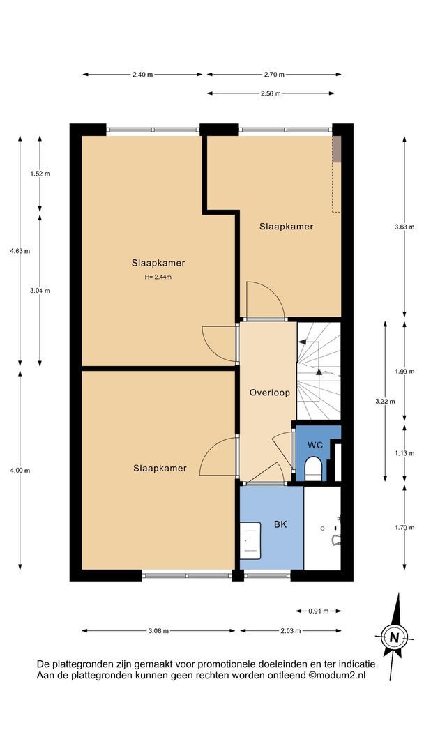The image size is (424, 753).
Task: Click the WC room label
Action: pos(315,445)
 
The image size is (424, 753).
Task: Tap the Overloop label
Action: pos(269,393)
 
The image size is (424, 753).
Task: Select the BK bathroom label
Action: pos(280,524)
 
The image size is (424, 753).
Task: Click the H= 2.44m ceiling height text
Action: pos(158,277)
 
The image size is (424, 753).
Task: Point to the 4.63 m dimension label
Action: pos(20,251)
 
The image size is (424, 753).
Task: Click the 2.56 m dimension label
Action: pos(271,93)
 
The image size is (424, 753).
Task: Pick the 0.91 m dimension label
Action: pos(319,611)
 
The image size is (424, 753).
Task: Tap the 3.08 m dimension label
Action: pos(158,631)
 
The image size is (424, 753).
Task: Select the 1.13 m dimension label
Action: pos(404,453)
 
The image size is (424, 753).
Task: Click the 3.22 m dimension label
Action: pos(385,402)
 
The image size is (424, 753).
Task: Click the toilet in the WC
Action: pos(314,469)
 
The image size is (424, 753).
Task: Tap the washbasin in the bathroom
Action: pos(250,541)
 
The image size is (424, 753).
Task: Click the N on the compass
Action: pos(395,638)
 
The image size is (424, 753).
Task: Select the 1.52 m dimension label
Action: pos(40,174)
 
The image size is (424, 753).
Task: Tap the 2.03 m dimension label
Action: pos(291,631)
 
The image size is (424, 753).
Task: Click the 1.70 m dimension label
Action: pos(404,528)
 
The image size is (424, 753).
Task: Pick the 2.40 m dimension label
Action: pos(143,75)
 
